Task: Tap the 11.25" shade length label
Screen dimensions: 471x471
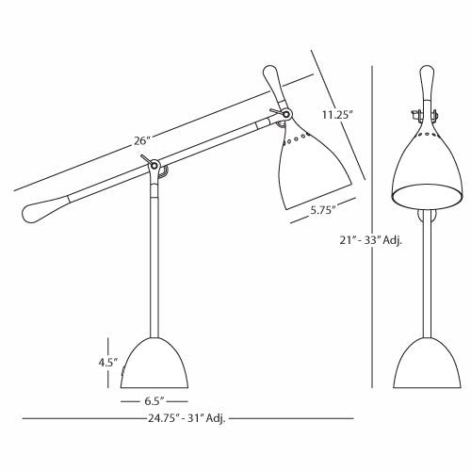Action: tap(336, 115)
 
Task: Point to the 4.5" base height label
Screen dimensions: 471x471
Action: tap(106, 361)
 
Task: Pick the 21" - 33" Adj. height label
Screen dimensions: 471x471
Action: tap(374, 240)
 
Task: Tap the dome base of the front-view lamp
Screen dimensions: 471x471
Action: tap(428, 365)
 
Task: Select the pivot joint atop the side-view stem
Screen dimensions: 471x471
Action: tap(154, 167)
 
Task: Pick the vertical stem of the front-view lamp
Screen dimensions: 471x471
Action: tap(428, 273)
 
